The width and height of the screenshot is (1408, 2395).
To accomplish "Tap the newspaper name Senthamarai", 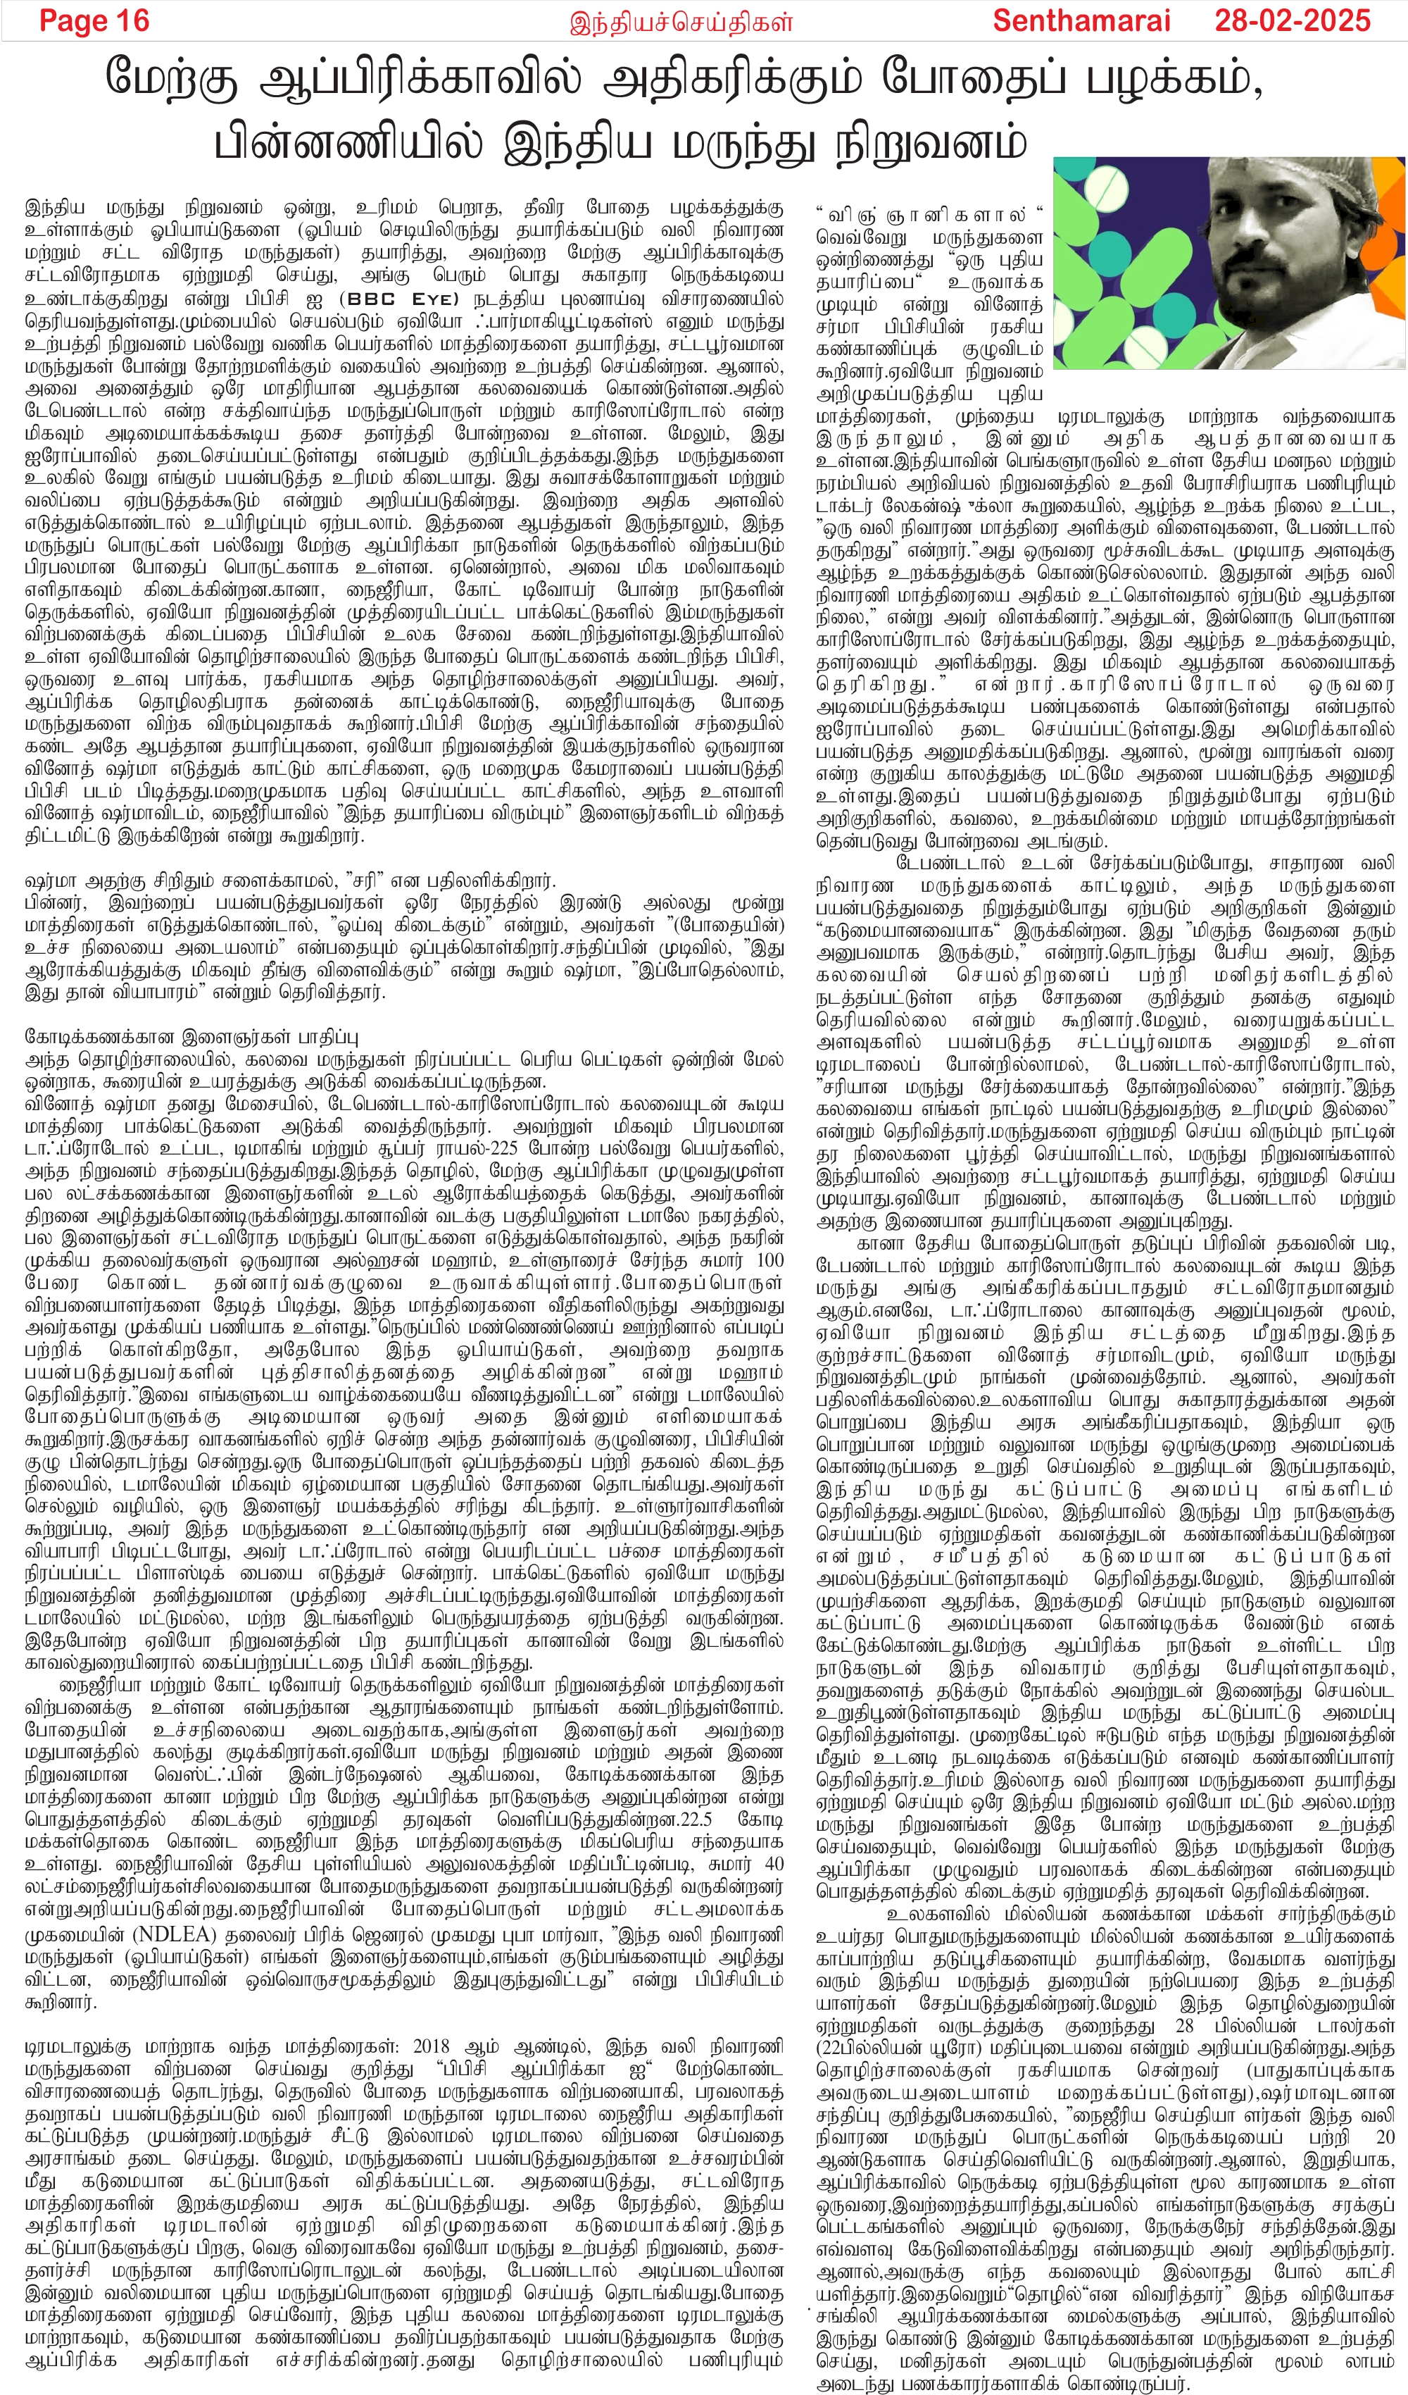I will pos(1082,21).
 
